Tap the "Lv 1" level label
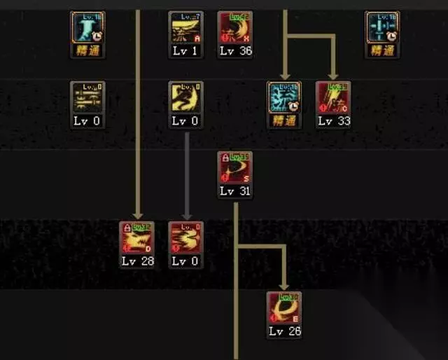[186, 50]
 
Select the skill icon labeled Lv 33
[333, 98]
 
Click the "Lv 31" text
[235, 191]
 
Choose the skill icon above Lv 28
[137, 238]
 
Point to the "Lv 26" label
[284, 331]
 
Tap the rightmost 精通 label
[382, 50]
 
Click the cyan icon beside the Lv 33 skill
[284, 98]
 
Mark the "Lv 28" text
[137, 261]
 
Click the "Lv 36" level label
[235, 50]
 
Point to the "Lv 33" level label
[333, 120]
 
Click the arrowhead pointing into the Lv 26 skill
[283, 285]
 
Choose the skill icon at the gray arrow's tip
[186, 238]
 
